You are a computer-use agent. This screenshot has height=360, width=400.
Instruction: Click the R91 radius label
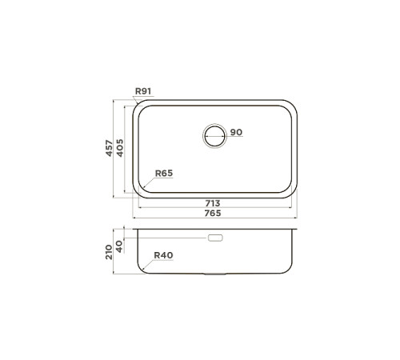[143, 91]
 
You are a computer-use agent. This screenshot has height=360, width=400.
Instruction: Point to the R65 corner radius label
[164, 174]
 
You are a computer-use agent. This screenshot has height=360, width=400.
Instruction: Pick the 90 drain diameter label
[236, 132]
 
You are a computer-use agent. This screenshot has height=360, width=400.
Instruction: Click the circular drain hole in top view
[214, 136]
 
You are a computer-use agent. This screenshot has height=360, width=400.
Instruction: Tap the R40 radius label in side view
[164, 255]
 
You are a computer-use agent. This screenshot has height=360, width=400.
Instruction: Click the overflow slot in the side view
[214, 238]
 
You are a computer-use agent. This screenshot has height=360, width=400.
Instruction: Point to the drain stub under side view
[214, 274]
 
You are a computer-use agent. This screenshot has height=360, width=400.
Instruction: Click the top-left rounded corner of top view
[138, 106]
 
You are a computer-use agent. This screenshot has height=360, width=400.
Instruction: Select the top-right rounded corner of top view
[293, 106]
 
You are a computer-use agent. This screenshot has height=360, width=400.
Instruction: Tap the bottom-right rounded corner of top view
[293, 192]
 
